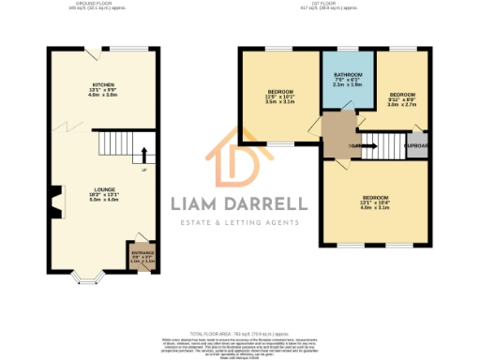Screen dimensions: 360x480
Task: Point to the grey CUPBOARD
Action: (x=416, y=145)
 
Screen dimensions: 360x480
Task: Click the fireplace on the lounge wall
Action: (x=55, y=200)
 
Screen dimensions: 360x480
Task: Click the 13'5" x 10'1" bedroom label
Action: (x=280, y=96)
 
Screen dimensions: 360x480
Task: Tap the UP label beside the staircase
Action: (x=143, y=171)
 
